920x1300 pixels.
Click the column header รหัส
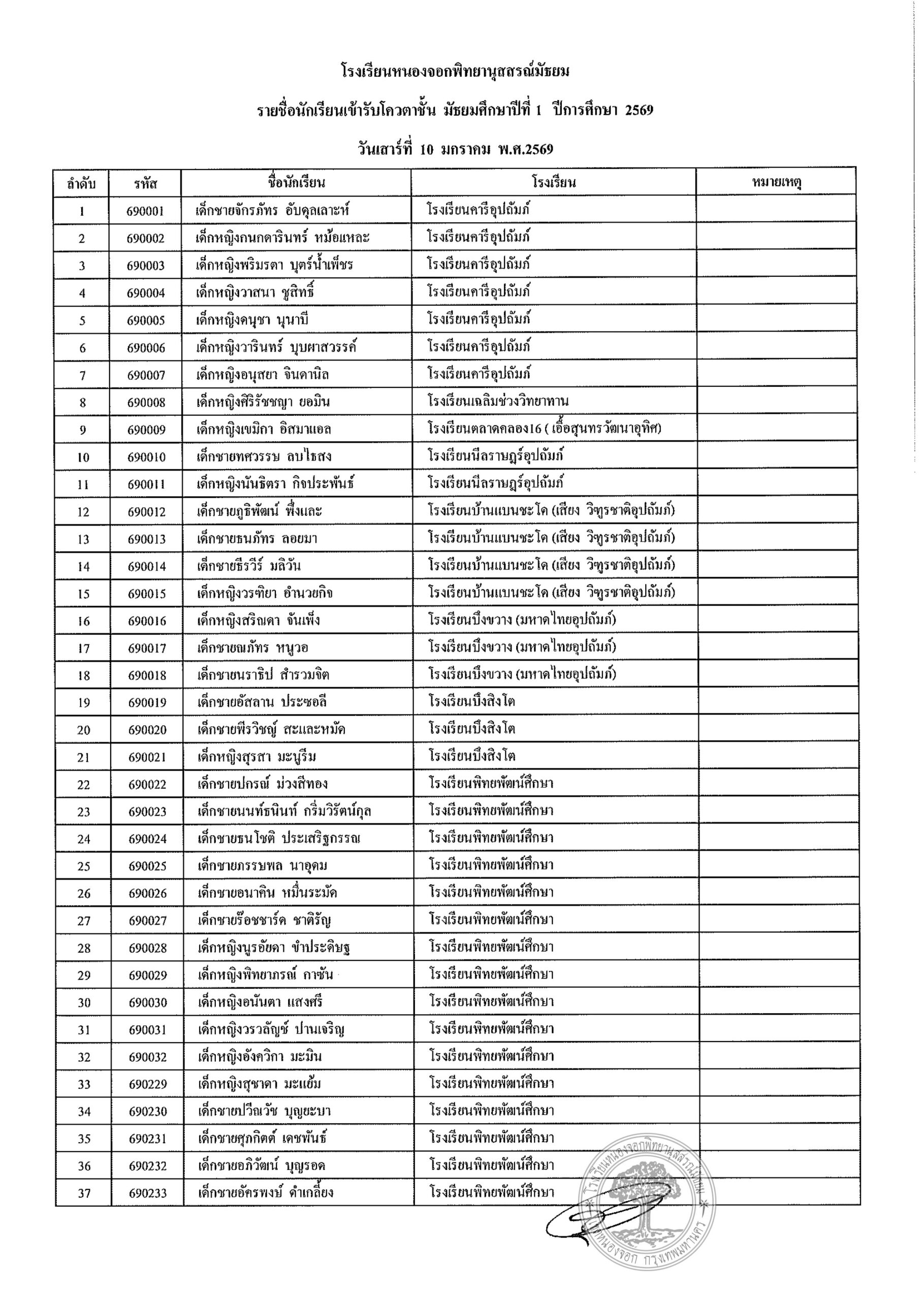pyautogui.click(x=146, y=183)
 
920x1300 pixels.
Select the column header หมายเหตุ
pyautogui.click(x=776, y=182)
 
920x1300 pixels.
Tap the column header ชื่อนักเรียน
pyautogui.click(x=296, y=182)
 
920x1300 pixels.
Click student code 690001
pyautogui.click(x=146, y=211)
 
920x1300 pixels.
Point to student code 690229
pyautogui.click(x=147, y=1084)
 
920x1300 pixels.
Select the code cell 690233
pyautogui.click(x=147, y=1193)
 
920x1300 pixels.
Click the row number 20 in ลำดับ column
pyautogui.click(x=83, y=730)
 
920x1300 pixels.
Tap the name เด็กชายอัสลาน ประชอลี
pyautogui.click(x=262, y=702)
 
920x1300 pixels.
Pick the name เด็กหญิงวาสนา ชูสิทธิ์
pyautogui.click(x=255, y=292)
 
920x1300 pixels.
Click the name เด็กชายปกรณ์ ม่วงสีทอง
pyautogui.click(x=262, y=784)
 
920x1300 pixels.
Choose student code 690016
pyautogui.click(x=147, y=621)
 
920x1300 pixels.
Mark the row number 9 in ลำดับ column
pyautogui.click(x=83, y=430)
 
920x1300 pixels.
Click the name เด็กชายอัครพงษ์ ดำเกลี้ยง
pyautogui.click(x=265, y=1193)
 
